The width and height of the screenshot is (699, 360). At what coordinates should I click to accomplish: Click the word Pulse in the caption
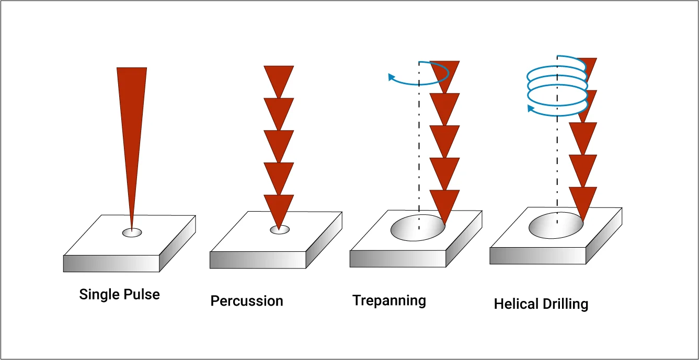click(x=142, y=294)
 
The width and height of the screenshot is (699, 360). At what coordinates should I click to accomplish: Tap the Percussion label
click(x=247, y=301)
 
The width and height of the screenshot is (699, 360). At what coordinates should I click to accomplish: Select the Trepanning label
click(x=389, y=300)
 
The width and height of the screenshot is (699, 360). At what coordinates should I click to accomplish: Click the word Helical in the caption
click(x=515, y=304)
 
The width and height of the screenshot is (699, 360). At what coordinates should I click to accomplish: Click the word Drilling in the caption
click(x=567, y=304)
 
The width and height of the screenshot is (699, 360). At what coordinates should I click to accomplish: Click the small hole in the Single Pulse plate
click(x=132, y=233)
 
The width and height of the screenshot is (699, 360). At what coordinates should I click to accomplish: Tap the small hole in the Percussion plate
click(x=280, y=229)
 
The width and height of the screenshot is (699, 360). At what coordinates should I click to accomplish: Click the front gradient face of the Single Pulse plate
click(x=111, y=263)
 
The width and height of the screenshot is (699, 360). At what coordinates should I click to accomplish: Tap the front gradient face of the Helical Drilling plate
click(x=537, y=256)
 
